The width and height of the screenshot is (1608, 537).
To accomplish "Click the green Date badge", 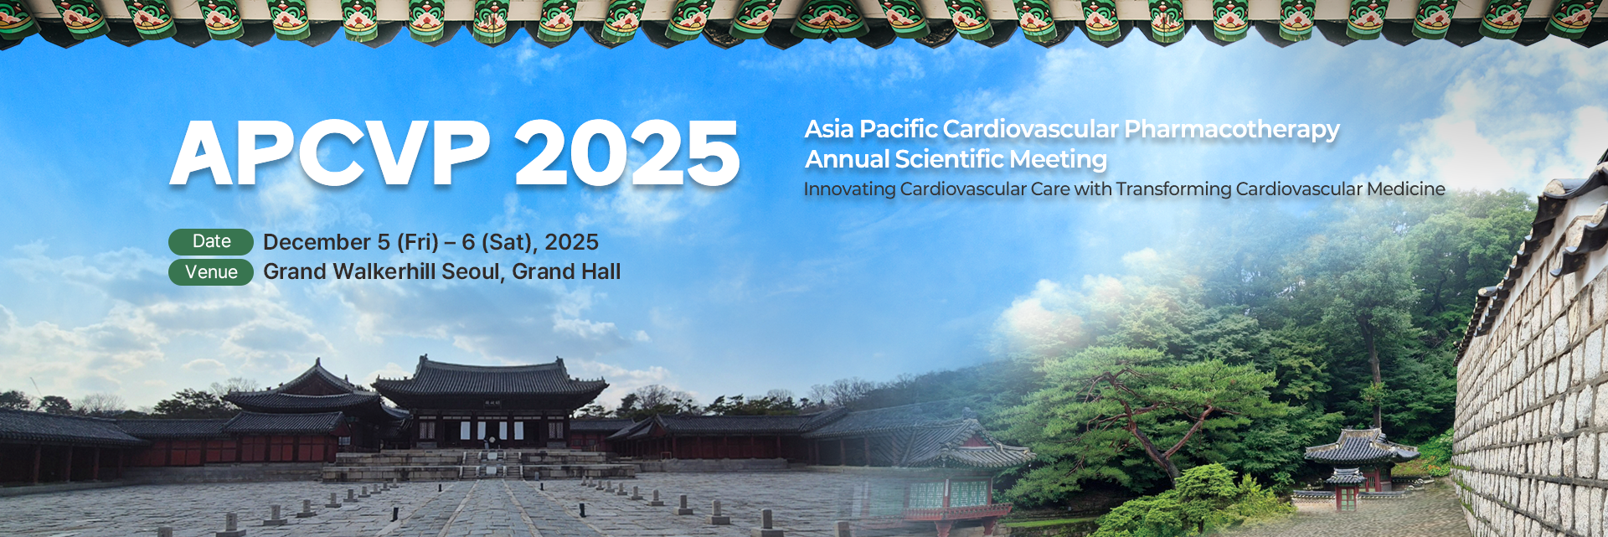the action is click(x=211, y=241).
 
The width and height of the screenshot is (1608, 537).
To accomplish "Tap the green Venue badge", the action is click(x=211, y=272).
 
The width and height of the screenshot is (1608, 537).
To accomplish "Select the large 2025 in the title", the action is click(x=627, y=152).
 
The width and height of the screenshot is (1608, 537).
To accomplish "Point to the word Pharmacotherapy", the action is click(x=1231, y=131).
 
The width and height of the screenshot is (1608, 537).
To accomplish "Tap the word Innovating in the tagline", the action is click(x=849, y=190).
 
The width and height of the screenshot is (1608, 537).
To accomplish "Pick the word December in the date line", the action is click(x=317, y=242).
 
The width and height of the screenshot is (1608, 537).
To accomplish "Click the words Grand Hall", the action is click(x=566, y=271).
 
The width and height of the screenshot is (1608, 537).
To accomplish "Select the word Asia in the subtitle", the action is click(x=829, y=129).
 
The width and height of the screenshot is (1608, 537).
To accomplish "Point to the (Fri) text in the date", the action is click(x=417, y=243).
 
